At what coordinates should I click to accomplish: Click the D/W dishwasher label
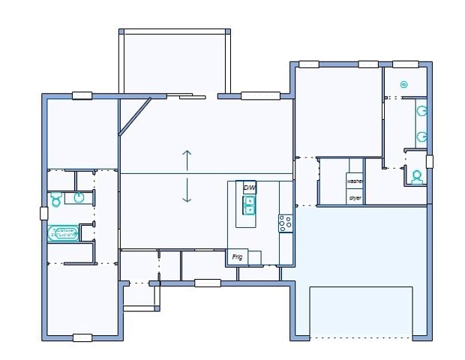249,188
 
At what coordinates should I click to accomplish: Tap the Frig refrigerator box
238,257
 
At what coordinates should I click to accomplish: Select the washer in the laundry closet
355,181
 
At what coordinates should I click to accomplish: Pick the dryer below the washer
355,198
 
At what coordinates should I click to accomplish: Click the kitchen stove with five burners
286,223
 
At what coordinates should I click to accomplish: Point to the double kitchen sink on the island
249,205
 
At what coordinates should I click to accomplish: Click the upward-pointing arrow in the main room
187,159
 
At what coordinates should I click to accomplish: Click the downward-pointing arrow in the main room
187,191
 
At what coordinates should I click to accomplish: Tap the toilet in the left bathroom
55,199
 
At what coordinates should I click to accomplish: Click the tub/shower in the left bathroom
64,233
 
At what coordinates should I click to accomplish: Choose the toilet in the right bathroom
416,177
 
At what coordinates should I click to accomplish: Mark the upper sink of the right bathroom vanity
422,110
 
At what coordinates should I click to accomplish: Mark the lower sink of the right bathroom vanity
422,137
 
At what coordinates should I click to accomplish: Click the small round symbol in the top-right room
403,85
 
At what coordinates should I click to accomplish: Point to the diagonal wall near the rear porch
135,116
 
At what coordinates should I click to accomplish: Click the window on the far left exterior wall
44,213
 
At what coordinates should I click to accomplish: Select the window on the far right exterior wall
429,161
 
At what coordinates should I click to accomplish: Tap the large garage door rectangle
361,311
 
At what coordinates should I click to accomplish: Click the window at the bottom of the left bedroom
82,337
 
